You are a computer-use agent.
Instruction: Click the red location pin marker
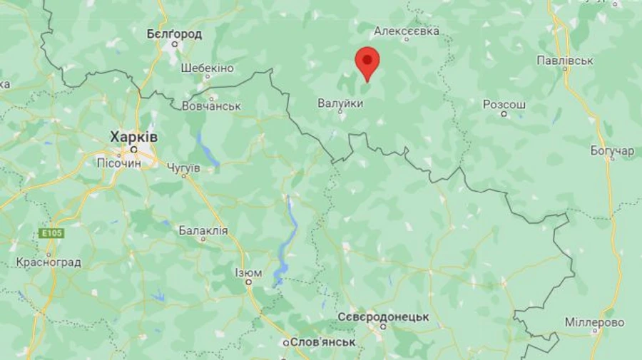[367, 63]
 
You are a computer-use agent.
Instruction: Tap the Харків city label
[134, 136]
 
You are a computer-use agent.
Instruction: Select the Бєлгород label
[174, 34]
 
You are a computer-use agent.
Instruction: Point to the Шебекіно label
[207, 68]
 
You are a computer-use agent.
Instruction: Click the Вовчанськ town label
[211, 106]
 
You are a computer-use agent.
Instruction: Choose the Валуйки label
[340, 103]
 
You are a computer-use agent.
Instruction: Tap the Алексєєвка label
[407, 31]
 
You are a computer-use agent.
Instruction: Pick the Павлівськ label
[565, 61]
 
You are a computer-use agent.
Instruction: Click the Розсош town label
[504, 104]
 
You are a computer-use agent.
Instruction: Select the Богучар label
[612, 151]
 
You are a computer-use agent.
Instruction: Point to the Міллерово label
[594, 322]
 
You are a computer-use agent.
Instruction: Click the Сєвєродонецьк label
[383, 317]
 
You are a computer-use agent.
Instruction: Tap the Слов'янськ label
[322, 342]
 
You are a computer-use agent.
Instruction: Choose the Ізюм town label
[248, 272]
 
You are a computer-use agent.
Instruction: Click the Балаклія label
[203, 230]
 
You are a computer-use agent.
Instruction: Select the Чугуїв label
[183, 168]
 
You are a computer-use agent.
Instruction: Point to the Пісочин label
[119, 163]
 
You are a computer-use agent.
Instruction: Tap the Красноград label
[49, 262]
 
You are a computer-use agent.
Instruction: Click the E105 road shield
[51, 234]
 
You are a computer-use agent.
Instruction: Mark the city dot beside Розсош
[504, 114]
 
